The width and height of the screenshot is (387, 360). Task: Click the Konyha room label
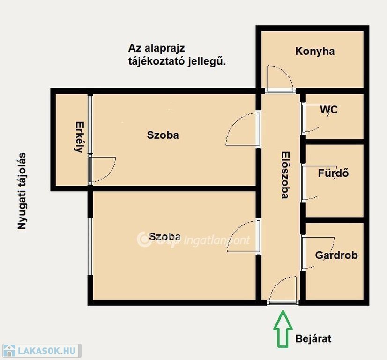coord(315,52)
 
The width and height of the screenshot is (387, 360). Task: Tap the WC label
coord(329,110)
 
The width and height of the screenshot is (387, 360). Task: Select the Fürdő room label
coord(333,173)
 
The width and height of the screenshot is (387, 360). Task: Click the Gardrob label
coord(336,255)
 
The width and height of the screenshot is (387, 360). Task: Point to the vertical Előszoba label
coord(285,175)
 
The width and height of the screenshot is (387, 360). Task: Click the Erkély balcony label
coord(79,137)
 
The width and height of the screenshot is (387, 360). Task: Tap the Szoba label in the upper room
coord(163,135)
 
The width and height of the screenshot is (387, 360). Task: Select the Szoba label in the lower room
coord(164,237)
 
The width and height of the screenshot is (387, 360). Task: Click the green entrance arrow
coord(283,329)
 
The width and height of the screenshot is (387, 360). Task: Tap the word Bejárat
coord(313,338)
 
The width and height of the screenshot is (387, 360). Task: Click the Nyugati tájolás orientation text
coord(22,191)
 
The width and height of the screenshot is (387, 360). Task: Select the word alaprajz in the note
coord(164,49)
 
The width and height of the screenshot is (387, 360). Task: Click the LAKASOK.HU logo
coord(41,351)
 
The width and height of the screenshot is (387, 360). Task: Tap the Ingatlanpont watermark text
coord(217,240)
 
